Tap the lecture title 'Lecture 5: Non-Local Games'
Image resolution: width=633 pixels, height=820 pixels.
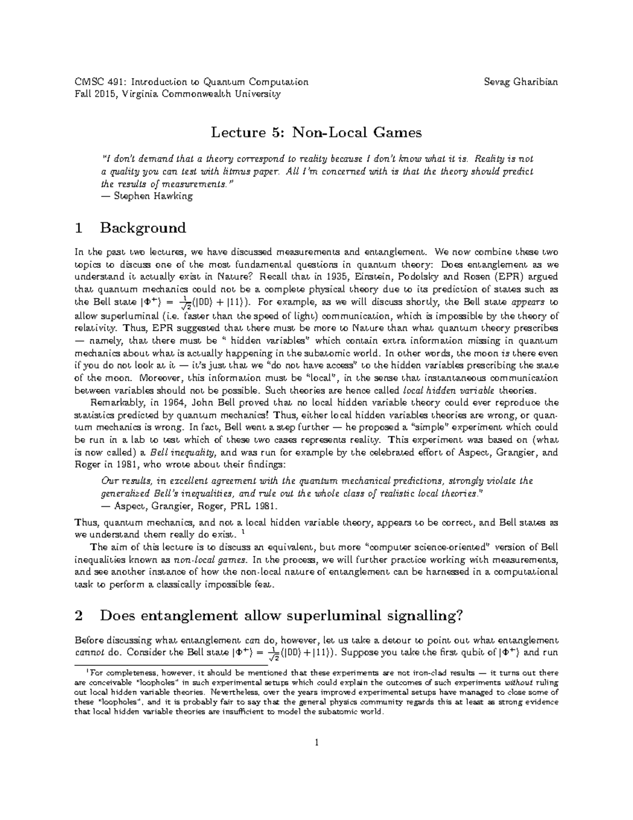(316, 133)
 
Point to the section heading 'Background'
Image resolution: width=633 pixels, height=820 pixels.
(143, 228)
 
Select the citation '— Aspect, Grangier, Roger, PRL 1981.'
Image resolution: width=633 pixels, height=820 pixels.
(188, 506)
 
